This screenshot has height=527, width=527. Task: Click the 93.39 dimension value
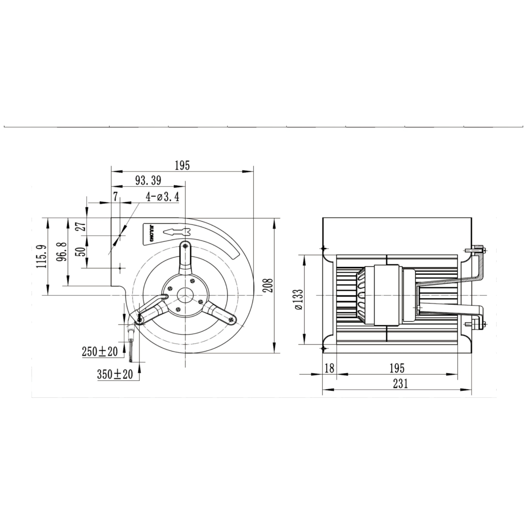point(148,180)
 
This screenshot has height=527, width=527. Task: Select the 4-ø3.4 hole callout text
point(162,197)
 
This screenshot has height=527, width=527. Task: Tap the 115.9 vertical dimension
point(42,256)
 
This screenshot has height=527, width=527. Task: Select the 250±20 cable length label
point(100,352)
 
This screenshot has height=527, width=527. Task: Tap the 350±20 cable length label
point(115,374)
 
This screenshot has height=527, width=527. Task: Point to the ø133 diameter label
point(299,300)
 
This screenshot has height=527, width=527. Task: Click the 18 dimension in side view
point(329,368)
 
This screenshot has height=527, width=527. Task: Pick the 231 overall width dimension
point(401,384)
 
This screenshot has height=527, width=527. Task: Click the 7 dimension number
point(115,196)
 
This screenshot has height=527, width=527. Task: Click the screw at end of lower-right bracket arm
point(232,320)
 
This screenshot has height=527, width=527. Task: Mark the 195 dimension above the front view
point(182,165)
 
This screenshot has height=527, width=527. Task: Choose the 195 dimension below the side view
point(397,368)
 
